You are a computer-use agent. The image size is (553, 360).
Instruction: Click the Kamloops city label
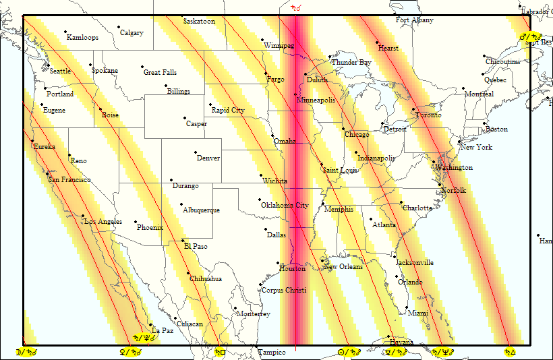(x=82, y=38)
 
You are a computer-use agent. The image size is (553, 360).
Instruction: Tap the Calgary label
(x=132, y=33)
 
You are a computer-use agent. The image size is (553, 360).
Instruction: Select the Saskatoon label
(x=200, y=22)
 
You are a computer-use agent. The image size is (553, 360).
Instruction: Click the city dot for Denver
(x=196, y=152)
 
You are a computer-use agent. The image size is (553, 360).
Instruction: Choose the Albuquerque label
(x=201, y=210)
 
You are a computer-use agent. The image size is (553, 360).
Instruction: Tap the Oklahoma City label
(x=285, y=206)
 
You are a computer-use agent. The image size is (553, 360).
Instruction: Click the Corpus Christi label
(x=283, y=291)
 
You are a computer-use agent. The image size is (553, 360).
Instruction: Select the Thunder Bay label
(x=351, y=63)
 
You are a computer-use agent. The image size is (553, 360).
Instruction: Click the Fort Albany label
(x=415, y=20)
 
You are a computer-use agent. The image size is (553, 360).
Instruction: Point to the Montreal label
(x=479, y=94)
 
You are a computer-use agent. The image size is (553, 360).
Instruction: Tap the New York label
(x=476, y=148)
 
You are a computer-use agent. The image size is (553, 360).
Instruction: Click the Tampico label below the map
(x=272, y=353)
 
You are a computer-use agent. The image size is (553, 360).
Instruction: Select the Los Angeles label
(x=103, y=222)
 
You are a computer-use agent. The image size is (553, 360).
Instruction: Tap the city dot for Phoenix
(x=136, y=222)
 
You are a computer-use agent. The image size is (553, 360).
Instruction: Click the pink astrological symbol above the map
(x=295, y=8)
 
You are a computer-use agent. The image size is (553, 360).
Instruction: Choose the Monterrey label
(x=254, y=314)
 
